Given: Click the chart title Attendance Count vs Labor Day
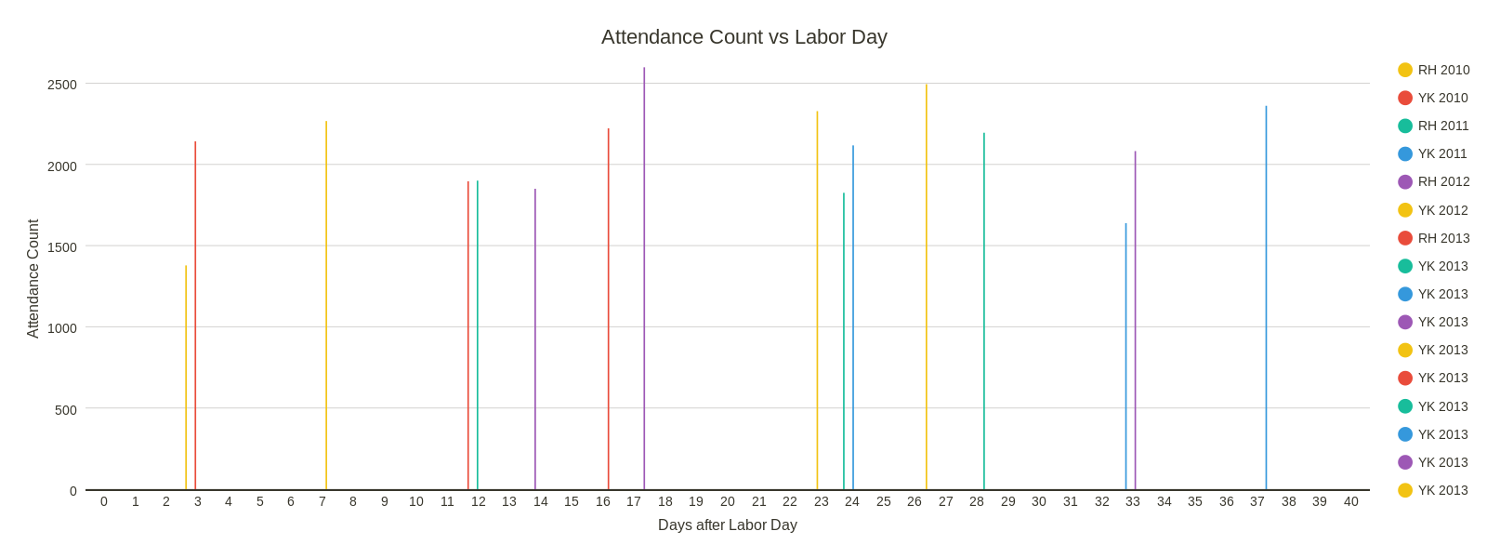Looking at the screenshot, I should (x=743, y=37).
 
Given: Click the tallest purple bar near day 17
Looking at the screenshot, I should (x=644, y=279).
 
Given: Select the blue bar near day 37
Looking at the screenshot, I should (x=1266, y=298).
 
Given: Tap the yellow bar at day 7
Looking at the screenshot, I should (x=326, y=307).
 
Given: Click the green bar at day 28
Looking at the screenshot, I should (x=984, y=312).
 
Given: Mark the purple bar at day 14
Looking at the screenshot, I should (x=535, y=339).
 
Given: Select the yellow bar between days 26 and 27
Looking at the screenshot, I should (x=927, y=288).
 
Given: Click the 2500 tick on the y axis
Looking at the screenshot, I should (x=62, y=85).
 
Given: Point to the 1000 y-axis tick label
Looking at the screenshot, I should (x=62, y=327).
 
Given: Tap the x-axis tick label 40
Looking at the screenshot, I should (x=1350, y=501).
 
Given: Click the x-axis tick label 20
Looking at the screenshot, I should (x=728, y=501).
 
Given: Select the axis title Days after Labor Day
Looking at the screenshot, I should (x=728, y=525).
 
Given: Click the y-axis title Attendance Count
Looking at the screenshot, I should (x=33, y=279).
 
